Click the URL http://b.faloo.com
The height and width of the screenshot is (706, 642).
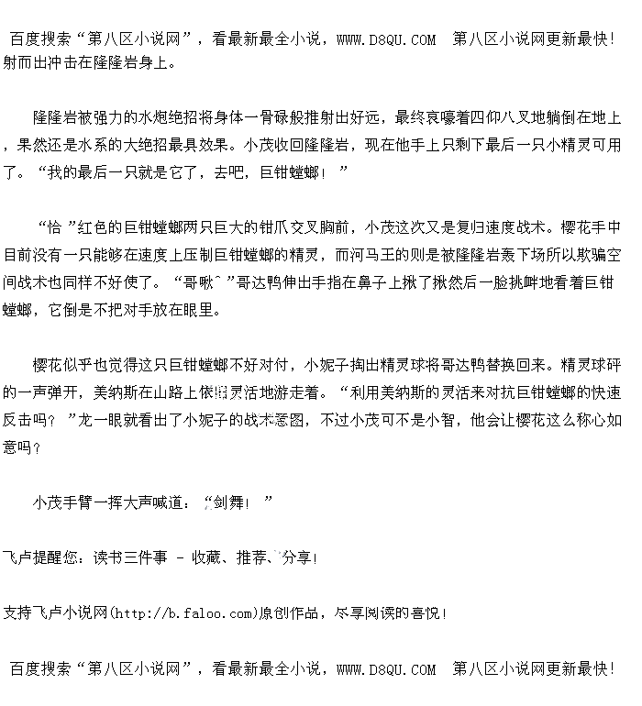[183, 612]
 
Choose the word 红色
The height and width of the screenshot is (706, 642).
[94, 227]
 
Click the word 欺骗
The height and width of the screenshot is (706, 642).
[578, 255]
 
